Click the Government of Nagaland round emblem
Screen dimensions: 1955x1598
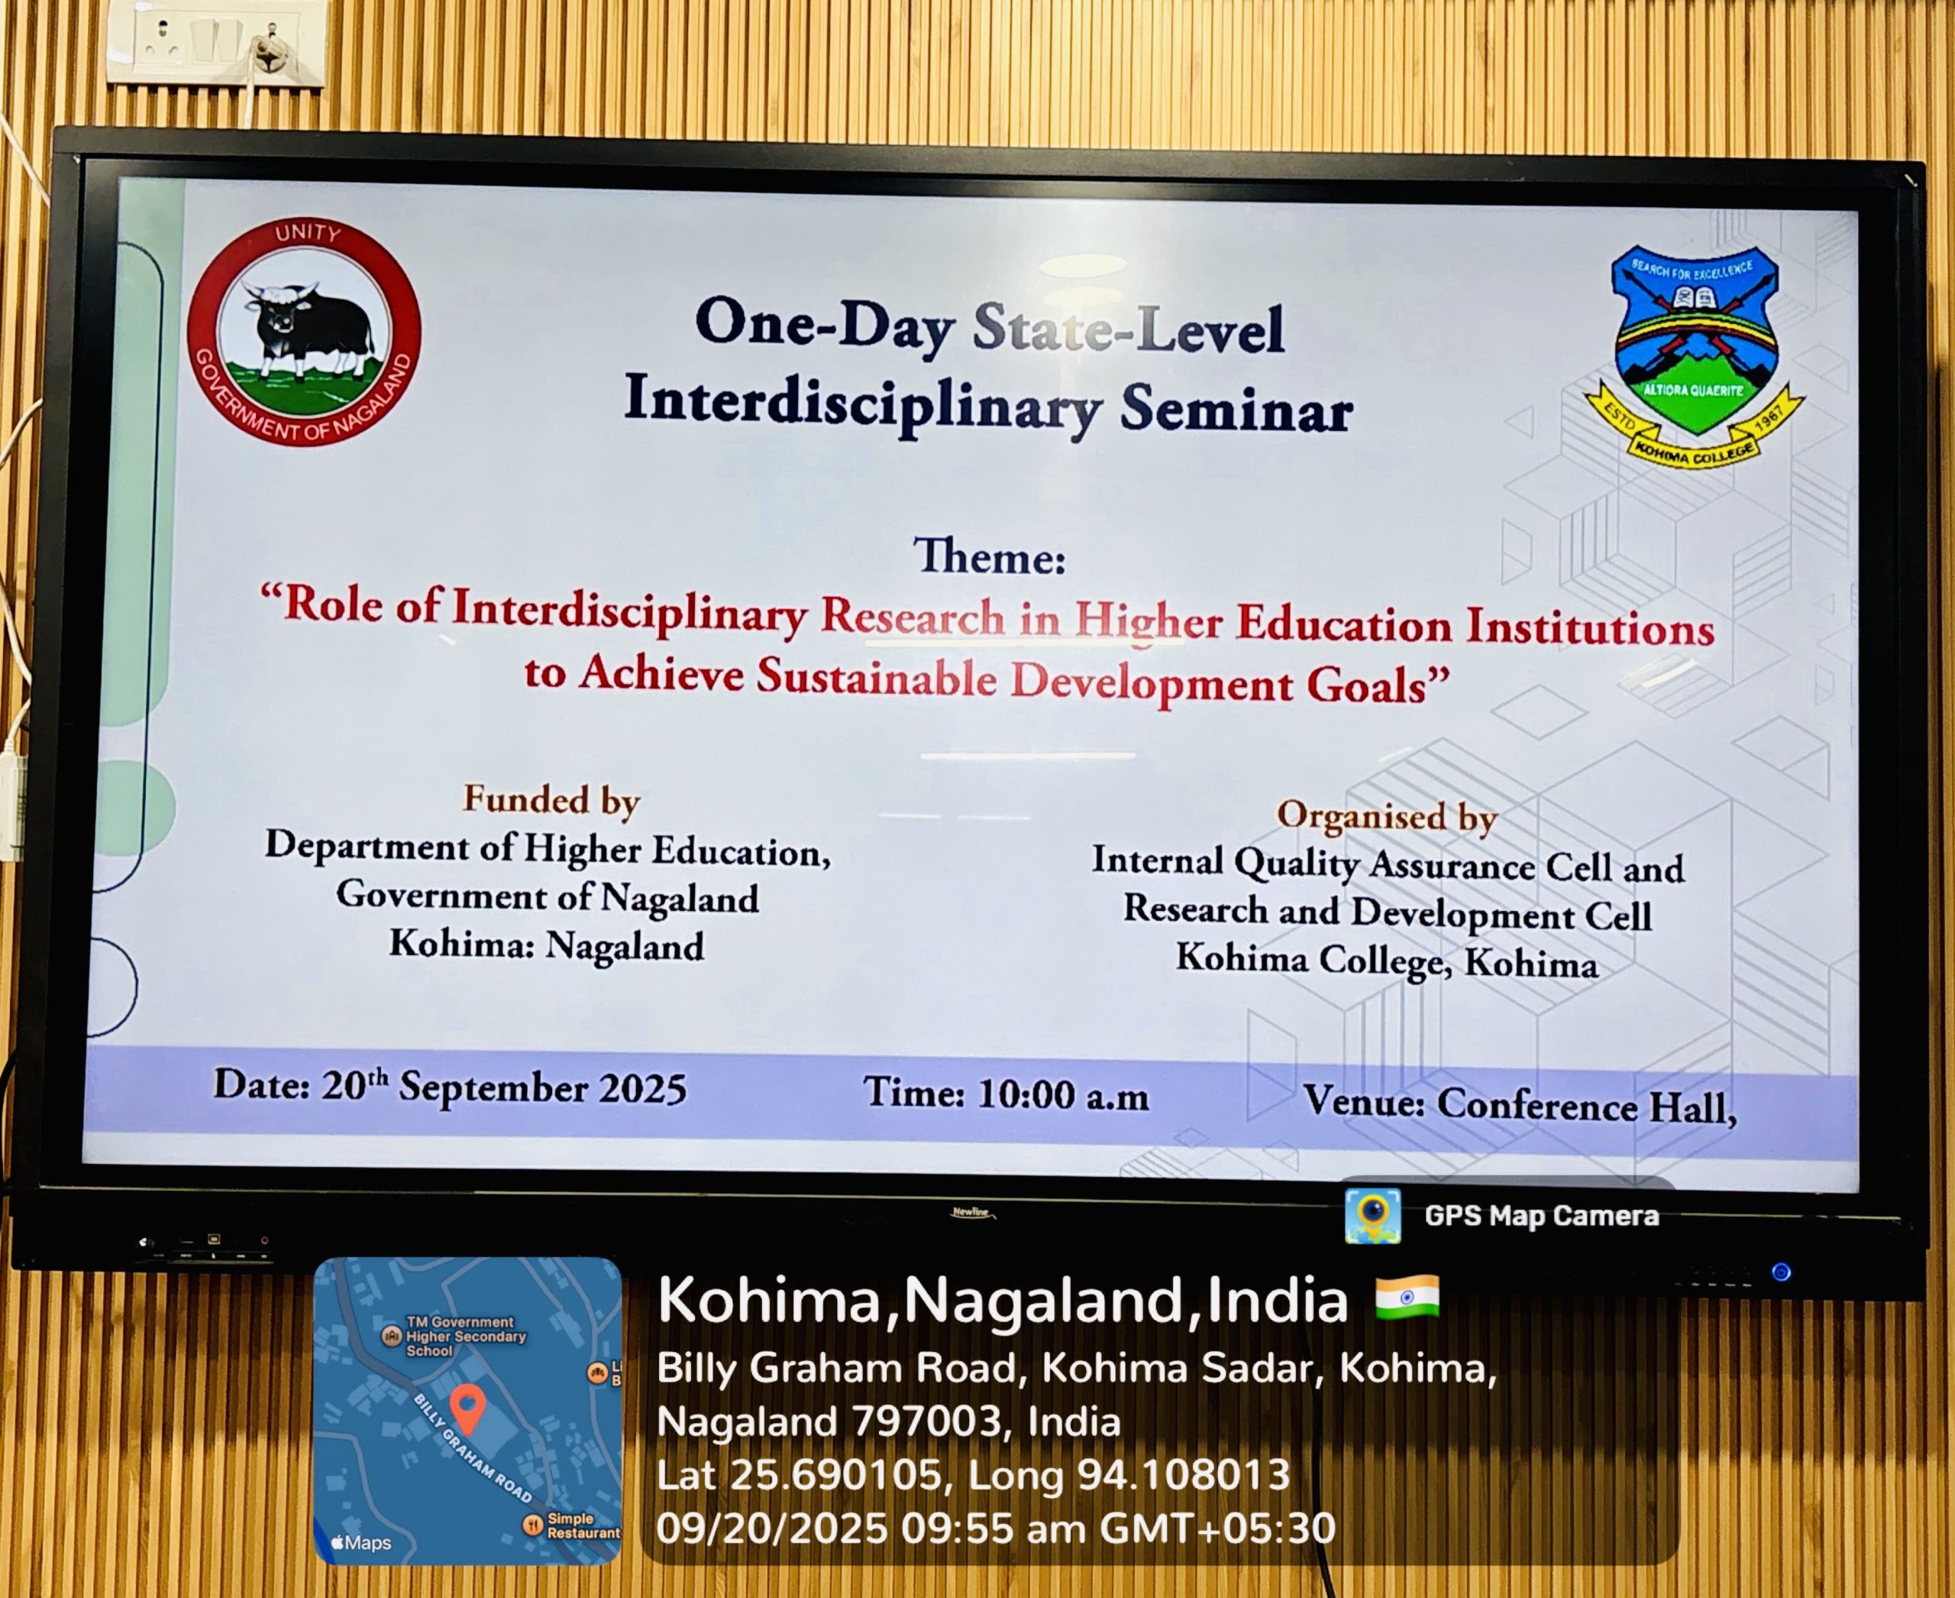click(x=305, y=332)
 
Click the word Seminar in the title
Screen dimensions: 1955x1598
click(x=1236, y=410)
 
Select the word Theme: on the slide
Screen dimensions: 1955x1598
click(x=989, y=556)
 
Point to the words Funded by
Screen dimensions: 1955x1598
click(x=551, y=800)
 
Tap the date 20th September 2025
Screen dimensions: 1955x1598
click(x=503, y=1086)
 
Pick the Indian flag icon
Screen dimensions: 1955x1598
click(x=1407, y=1298)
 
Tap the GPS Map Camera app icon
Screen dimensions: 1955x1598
click(x=1372, y=1216)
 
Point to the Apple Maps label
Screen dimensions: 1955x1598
click(x=361, y=1543)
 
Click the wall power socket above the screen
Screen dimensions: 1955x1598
click(x=215, y=44)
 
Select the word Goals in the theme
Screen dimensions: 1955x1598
click(x=1378, y=685)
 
